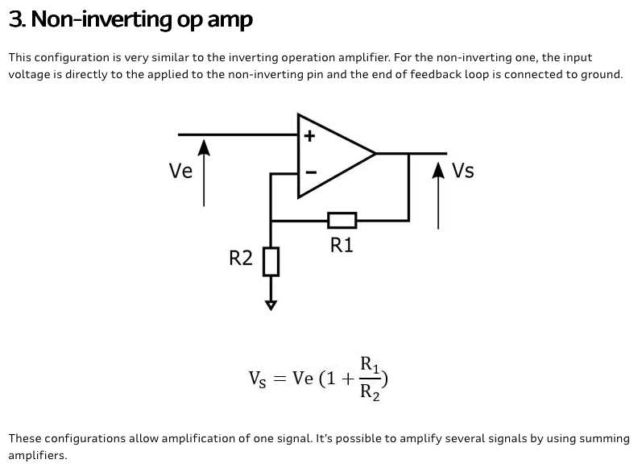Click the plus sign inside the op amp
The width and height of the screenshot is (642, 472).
pos(309,135)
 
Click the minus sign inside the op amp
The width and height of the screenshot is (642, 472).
pos(311,172)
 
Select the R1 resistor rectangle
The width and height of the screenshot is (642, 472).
pos(342,220)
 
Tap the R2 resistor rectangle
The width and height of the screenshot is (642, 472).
pos(271,261)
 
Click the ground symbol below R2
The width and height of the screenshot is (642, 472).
pos(271,305)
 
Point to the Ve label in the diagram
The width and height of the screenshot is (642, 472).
pos(180,171)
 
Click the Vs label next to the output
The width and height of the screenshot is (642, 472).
pos(463,170)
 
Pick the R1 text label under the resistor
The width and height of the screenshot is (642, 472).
pos(342,245)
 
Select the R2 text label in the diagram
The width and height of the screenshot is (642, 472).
pos(241,258)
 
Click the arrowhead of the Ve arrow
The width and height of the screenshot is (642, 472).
pos(204,147)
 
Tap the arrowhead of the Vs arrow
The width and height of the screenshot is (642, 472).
pos(438,170)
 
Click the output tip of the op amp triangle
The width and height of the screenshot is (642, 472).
pos(375,154)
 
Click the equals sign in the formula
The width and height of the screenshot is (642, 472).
pos(280,379)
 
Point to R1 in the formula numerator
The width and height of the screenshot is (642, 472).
pos(369,365)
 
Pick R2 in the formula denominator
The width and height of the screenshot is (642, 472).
pos(370,392)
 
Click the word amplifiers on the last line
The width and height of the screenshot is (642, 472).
pos(38,455)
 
